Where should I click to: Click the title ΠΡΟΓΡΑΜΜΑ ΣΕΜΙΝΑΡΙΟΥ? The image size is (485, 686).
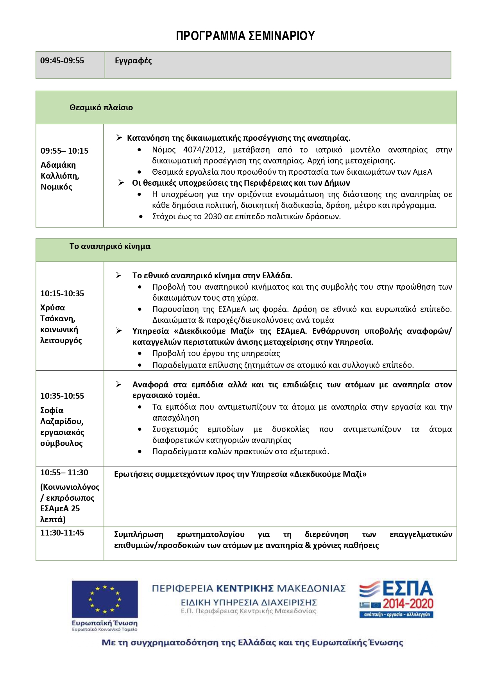(x=245, y=36)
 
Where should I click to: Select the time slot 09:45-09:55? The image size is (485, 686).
(x=62, y=61)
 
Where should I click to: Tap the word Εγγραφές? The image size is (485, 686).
(x=133, y=61)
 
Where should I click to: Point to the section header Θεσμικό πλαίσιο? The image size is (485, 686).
(x=101, y=107)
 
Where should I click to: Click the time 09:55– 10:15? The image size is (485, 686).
(x=64, y=151)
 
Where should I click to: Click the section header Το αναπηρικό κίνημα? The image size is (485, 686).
(x=110, y=246)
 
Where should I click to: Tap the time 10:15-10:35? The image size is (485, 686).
(x=62, y=294)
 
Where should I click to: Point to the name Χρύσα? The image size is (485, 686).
(x=53, y=308)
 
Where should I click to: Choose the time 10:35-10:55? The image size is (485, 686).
(x=62, y=396)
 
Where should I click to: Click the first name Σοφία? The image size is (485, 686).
(x=52, y=410)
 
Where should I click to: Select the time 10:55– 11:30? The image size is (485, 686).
(x=64, y=473)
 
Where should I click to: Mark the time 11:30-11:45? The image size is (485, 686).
(x=62, y=533)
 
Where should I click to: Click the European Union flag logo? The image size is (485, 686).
(x=104, y=598)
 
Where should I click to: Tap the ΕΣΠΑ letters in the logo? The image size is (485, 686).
(x=407, y=589)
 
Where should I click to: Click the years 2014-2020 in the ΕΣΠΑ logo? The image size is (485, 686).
(x=408, y=604)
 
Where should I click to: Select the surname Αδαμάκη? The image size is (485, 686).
(x=58, y=165)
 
